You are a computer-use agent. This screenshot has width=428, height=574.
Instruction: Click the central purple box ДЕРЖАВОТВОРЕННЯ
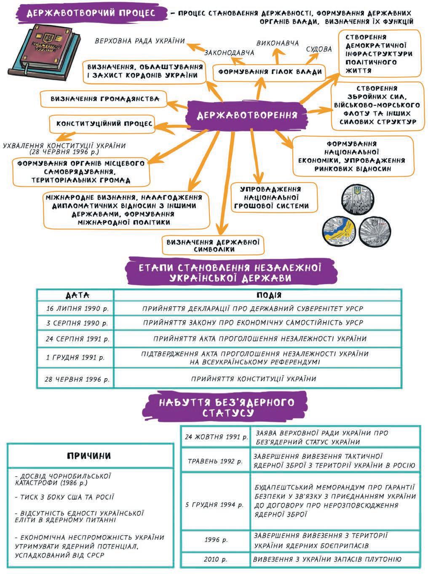[247, 115]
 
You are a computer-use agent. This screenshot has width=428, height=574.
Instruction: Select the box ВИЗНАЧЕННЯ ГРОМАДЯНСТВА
[104, 99]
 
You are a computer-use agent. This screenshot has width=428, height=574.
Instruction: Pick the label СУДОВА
[318, 49]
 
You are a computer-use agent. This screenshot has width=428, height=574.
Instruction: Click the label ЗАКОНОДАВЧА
[229, 53]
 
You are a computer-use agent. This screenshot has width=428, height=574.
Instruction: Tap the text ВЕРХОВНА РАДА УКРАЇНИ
[140, 41]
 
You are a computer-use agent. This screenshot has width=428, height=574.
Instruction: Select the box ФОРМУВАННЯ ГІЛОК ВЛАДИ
[270, 72]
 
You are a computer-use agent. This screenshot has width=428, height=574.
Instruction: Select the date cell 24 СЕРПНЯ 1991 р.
[78, 339]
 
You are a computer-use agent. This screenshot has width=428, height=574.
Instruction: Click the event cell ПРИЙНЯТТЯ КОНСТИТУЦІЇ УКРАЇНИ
[254, 379]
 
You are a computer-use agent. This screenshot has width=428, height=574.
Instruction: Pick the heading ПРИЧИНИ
[89, 455]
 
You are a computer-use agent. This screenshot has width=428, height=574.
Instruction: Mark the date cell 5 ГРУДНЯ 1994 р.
[214, 504]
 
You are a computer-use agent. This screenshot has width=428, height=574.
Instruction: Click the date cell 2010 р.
[215, 560]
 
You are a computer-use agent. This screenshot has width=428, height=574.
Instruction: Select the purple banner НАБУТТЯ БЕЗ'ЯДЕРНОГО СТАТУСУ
[226, 407]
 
